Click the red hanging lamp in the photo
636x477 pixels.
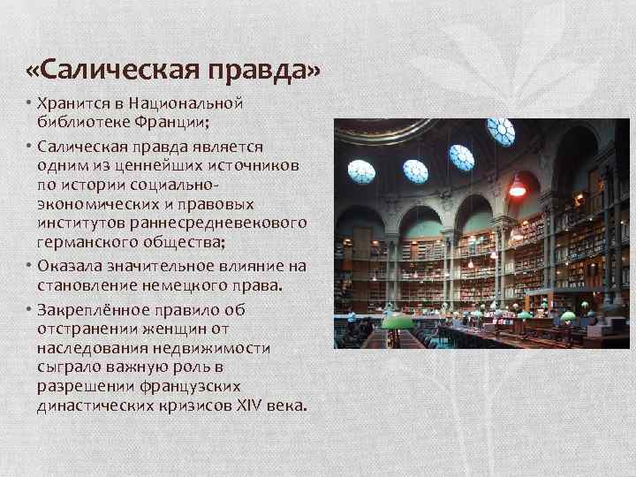517,187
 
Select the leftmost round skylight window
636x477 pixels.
361,170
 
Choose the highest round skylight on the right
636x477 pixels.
500,131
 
